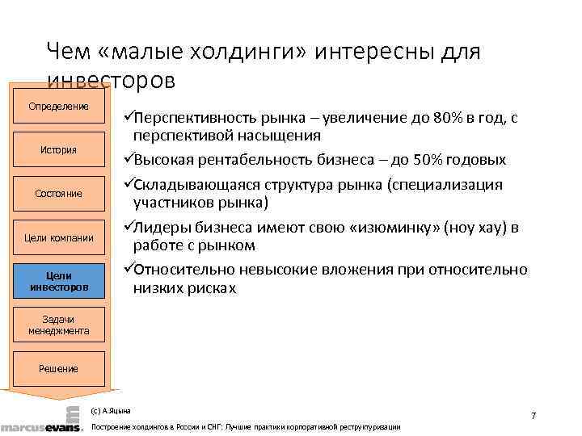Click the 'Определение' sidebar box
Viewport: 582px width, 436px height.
tap(58, 107)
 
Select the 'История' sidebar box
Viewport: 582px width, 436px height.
tap(58, 149)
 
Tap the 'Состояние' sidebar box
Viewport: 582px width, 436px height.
tap(58, 194)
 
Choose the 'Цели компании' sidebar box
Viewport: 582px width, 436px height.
tap(58, 237)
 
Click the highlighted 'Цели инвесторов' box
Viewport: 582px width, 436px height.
tap(58, 281)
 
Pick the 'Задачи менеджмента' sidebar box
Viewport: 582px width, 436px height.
tap(58, 325)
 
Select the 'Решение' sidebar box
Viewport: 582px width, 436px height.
tap(58, 369)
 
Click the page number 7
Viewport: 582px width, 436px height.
tap(533, 415)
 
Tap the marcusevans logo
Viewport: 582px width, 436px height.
tap(40, 421)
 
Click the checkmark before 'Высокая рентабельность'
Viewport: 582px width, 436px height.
tap(127, 159)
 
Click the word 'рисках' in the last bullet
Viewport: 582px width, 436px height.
tap(208, 287)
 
